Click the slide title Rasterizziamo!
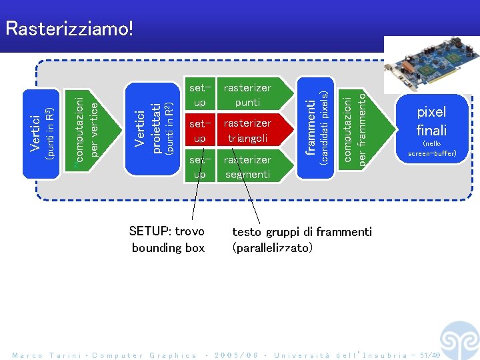[69, 28]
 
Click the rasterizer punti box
[247, 95]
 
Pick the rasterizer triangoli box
[247, 131]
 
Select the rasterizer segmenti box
[247, 167]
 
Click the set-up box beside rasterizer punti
[199, 95]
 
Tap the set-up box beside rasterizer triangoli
[199, 131]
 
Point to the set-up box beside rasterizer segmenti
[199, 167]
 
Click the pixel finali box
[431, 121]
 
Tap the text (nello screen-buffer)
[431, 149]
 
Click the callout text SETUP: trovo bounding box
[167, 239]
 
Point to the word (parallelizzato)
[271, 247]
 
